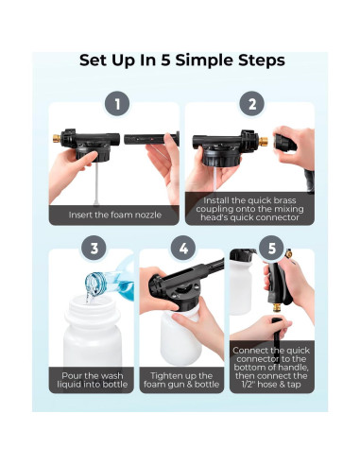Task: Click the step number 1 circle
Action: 117,104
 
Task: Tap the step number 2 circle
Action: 252,104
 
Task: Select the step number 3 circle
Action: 94,248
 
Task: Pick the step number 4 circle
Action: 183,248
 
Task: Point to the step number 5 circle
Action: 271,248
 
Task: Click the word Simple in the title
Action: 204,60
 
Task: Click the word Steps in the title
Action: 262,60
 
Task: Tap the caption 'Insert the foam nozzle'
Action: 115,215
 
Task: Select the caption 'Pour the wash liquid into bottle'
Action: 93,380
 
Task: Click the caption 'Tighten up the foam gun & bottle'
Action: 181,380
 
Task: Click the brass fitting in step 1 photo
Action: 57,138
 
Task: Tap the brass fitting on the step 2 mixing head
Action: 263,141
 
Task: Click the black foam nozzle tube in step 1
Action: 151,139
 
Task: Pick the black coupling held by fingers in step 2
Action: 284,143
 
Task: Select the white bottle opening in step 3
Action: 93,301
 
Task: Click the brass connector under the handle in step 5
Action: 278,307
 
